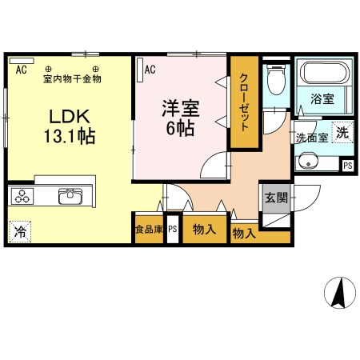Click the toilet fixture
point(275,80)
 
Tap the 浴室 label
point(322,99)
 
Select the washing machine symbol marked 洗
point(342,134)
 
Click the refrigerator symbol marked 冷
point(20,232)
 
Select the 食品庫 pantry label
point(149,230)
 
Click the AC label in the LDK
point(21,70)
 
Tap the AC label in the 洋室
point(150,70)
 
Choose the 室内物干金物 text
point(72,78)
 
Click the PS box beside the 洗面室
point(347,165)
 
